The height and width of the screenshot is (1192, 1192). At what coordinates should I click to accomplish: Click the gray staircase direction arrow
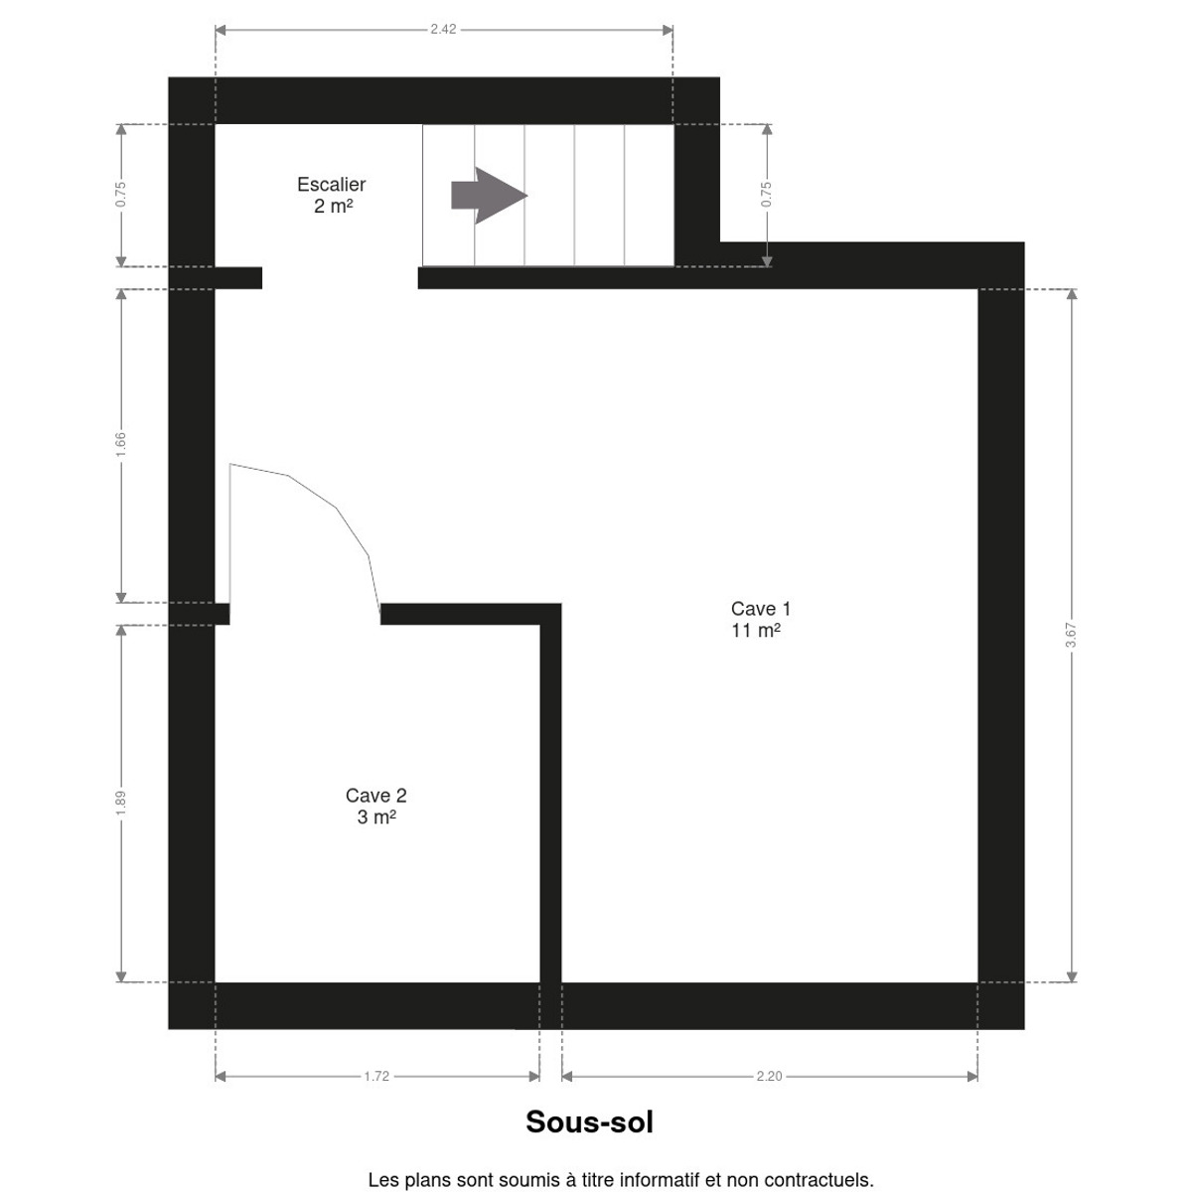coord(489,196)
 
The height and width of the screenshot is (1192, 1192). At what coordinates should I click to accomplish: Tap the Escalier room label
coord(331,185)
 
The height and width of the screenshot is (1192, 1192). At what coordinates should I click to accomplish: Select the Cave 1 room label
coord(760,609)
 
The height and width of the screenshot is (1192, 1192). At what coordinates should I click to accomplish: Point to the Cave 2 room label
coord(376,796)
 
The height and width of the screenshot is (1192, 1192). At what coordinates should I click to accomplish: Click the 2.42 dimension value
coord(443,29)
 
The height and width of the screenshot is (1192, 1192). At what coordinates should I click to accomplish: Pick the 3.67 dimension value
coord(1072,635)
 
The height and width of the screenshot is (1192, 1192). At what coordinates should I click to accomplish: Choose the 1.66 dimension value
coord(120,445)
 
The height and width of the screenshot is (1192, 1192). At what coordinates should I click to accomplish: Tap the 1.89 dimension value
coord(120,803)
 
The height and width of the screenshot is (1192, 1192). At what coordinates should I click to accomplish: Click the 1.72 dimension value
coord(376,1077)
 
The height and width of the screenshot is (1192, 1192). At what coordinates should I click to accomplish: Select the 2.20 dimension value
coord(770,1077)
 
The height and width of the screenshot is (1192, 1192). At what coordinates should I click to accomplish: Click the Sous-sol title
coord(589,1122)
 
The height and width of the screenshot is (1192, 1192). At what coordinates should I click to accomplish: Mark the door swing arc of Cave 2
coord(337,508)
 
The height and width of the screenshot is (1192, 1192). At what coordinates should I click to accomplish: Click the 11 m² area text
coord(756,631)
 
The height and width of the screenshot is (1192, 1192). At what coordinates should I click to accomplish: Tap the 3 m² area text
coord(376,818)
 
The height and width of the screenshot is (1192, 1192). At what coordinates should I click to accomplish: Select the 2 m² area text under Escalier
coord(334,206)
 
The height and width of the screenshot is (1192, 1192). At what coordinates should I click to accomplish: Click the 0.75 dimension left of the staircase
coord(120,195)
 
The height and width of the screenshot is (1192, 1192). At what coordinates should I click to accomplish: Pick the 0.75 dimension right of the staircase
coord(767,195)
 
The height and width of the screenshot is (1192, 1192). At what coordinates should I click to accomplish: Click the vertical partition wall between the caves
coord(550,793)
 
